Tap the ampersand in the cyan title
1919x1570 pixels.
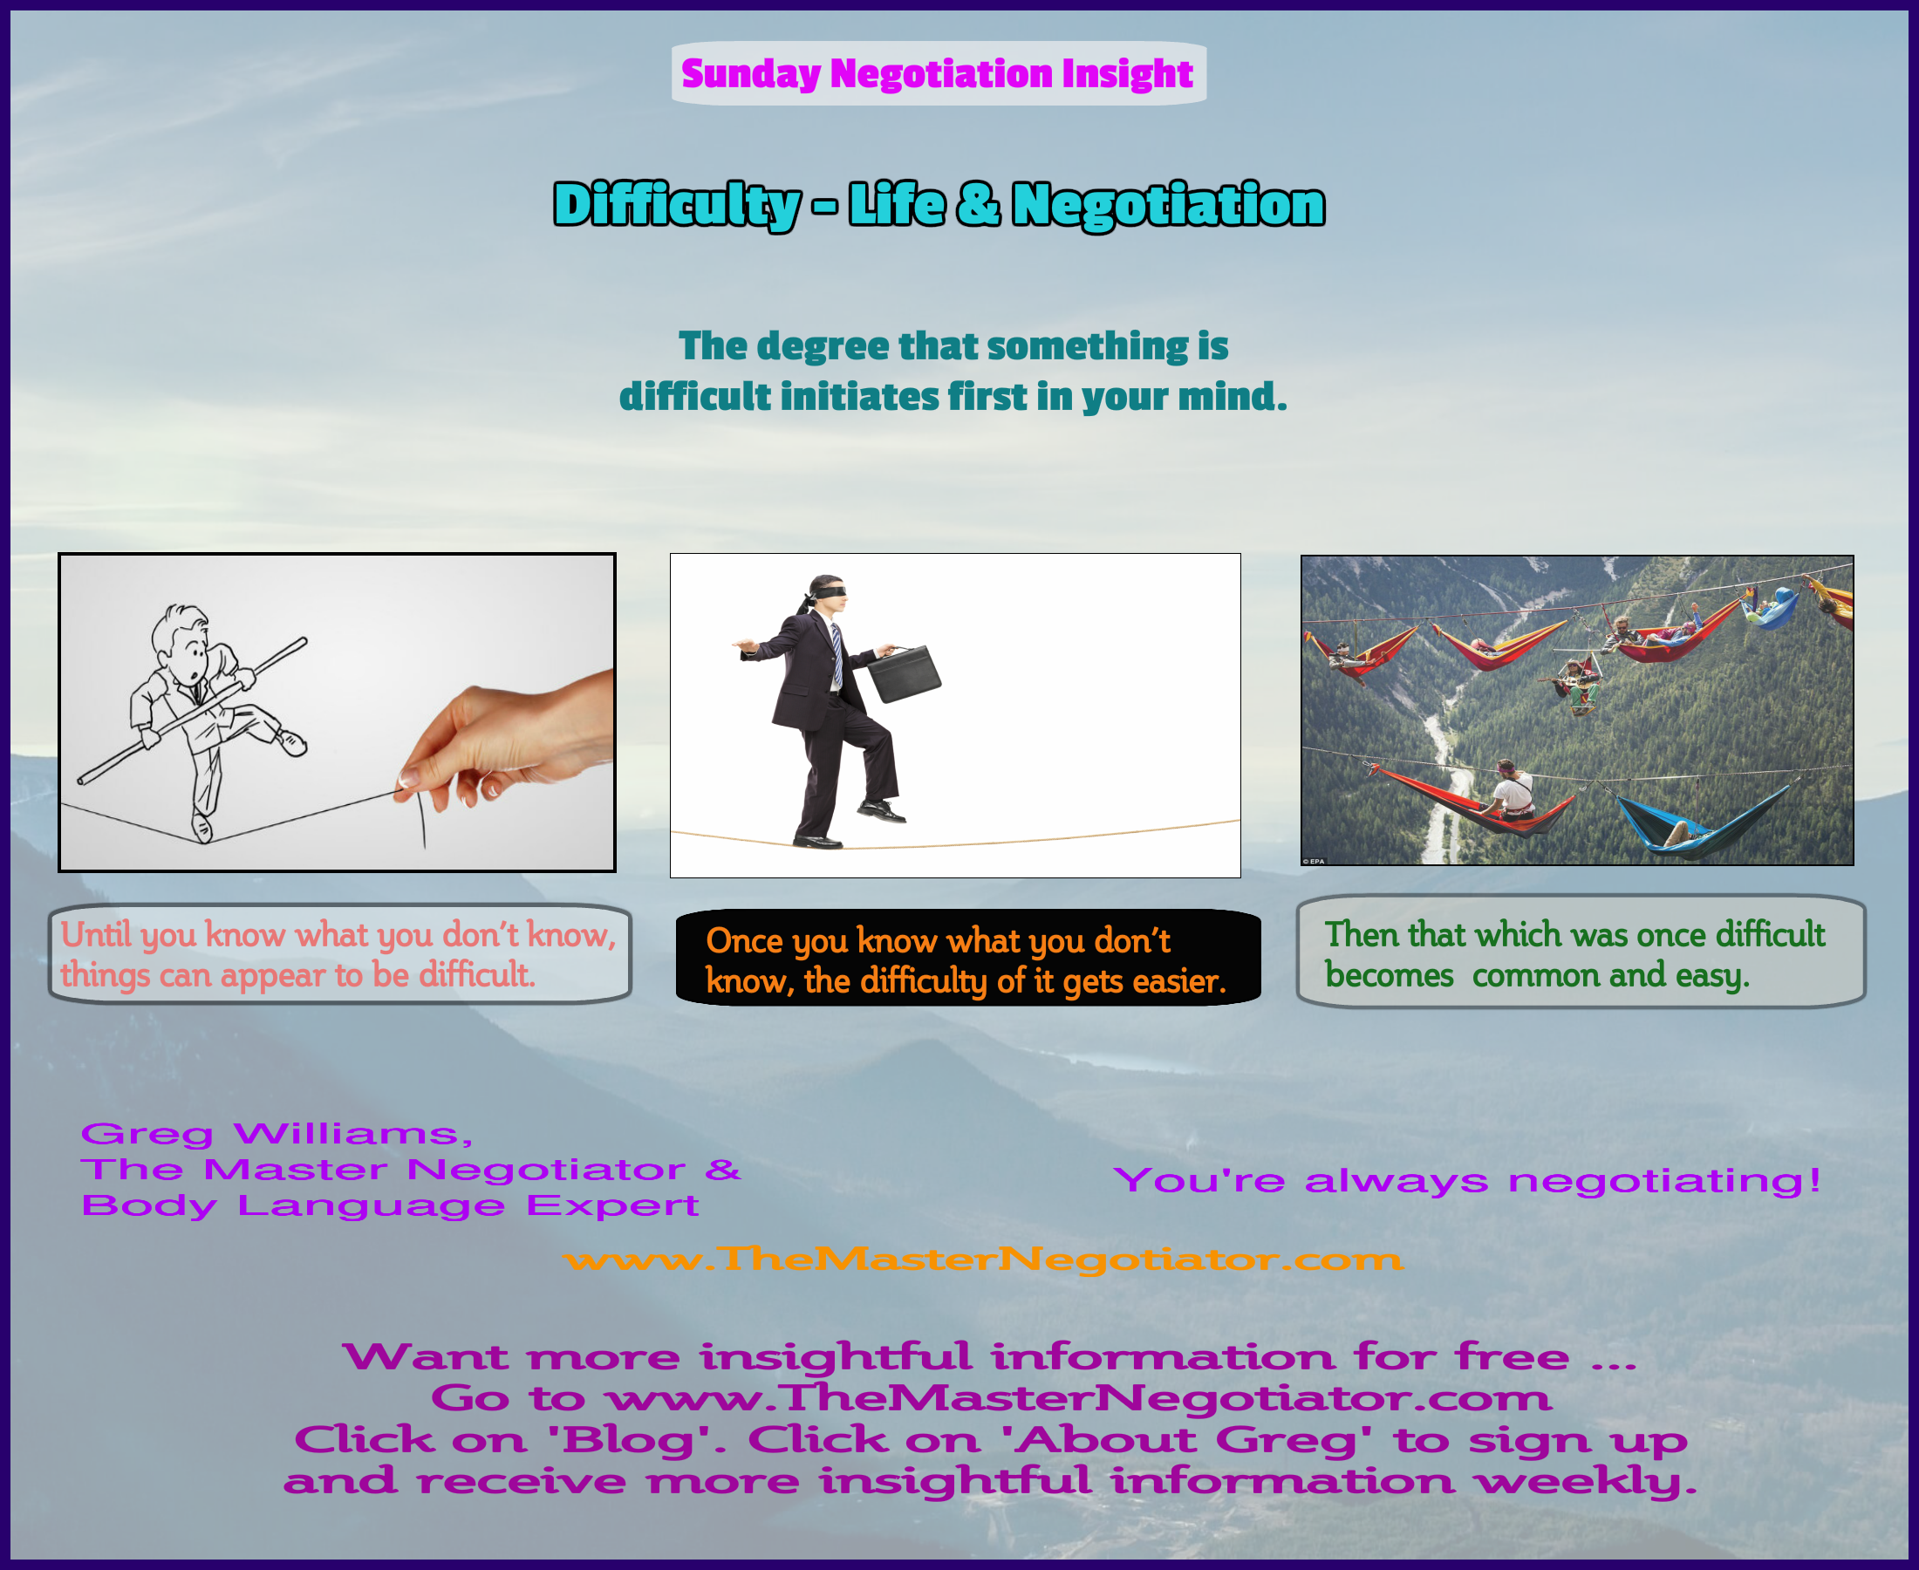point(978,203)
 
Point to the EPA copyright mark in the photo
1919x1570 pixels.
point(1313,861)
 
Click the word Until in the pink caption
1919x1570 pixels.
point(96,933)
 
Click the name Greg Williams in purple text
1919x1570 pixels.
point(276,1134)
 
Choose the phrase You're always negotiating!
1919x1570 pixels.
point(1467,1180)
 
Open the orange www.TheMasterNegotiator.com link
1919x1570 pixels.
point(982,1259)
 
